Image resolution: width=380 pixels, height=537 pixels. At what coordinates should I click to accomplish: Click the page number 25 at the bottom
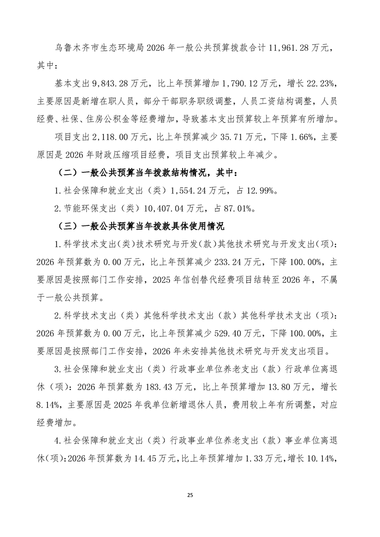[190, 494]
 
